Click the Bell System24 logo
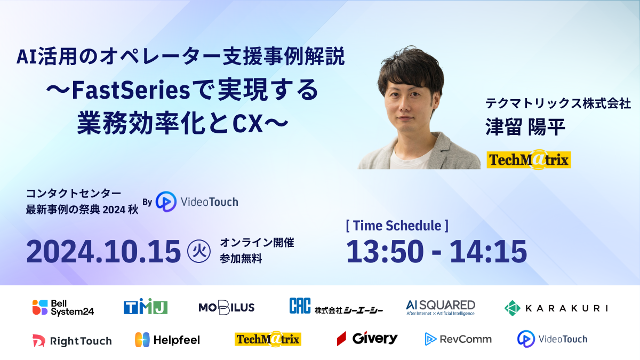(x=63, y=307)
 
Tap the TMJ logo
(x=146, y=307)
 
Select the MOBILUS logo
(x=226, y=307)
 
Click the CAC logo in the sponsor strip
(x=336, y=307)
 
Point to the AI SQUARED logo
(x=440, y=307)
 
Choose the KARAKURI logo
(x=556, y=308)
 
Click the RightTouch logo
(x=72, y=340)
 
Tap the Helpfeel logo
(x=167, y=340)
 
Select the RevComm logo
(x=458, y=339)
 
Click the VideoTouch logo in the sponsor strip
(x=552, y=339)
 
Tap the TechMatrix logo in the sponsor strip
(x=268, y=339)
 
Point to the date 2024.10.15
(x=103, y=252)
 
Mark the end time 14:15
(x=488, y=251)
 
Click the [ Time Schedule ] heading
(x=397, y=225)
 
